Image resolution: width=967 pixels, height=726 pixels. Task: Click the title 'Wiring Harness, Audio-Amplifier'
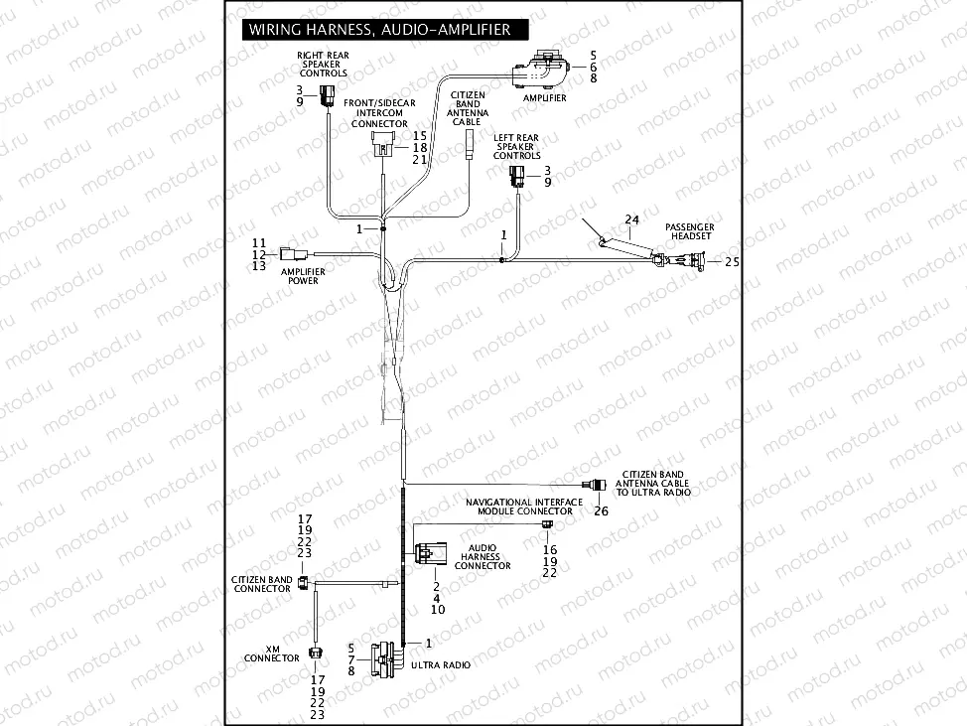pos(379,30)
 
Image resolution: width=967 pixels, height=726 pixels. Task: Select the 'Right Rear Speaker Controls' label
pos(324,64)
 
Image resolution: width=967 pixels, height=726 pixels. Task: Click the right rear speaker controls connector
pos(329,96)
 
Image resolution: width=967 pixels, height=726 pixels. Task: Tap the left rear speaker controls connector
pos(517,178)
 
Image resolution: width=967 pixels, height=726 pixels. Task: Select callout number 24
pos(632,218)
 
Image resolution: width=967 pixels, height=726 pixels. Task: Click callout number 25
pos(733,261)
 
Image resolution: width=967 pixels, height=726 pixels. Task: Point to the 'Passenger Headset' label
pos(689,232)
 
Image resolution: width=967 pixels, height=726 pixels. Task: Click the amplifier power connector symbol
pos(290,252)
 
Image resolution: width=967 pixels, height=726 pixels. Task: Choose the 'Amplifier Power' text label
pos(303,276)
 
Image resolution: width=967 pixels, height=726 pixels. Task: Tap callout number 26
pos(601,511)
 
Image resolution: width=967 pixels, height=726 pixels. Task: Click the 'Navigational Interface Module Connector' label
pos(524,507)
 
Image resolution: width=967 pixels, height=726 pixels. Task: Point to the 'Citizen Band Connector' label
pos(262,584)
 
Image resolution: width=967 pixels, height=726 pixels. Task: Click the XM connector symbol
pos(315,653)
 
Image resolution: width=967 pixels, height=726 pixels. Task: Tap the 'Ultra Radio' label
pos(444,664)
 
